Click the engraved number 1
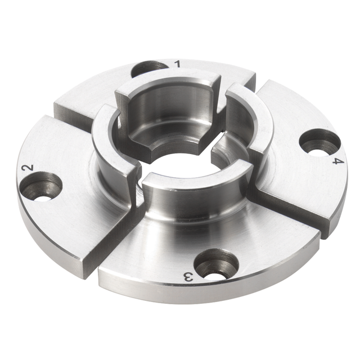178,64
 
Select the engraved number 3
189,276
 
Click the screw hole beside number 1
149,68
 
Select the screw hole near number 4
319,142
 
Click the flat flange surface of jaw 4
298,180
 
